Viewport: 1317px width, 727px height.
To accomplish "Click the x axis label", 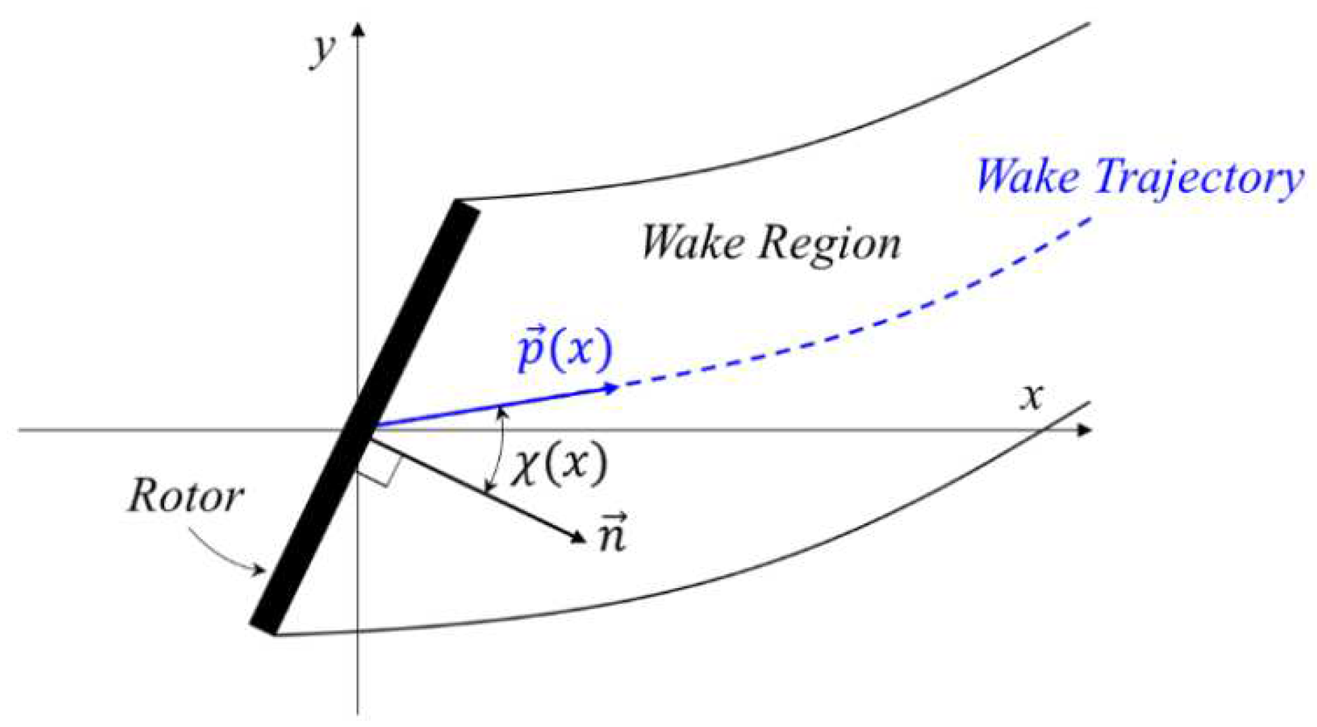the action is [1032, 396].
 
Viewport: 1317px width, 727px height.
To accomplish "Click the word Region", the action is [830, 243].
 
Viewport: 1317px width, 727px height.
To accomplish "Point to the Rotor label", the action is [185, 496].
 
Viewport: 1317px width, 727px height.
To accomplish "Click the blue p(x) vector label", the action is [564, 350].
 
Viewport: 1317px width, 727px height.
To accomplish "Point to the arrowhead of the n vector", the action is [578, 537].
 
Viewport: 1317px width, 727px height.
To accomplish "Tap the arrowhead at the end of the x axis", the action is [1085, 430].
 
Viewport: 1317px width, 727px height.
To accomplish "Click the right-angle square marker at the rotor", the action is [381, 467].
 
